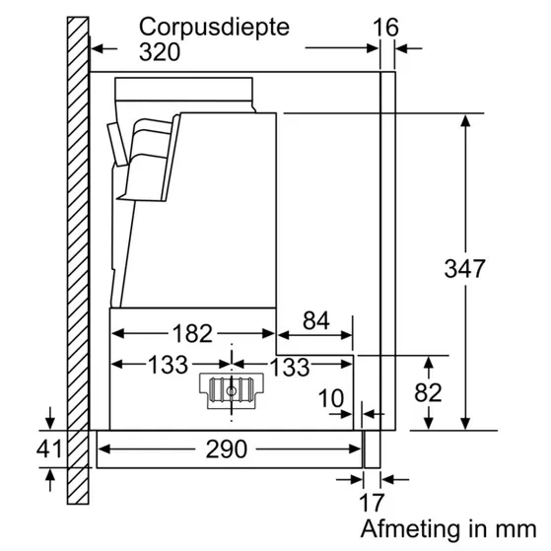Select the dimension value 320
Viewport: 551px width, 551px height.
click(160, 51)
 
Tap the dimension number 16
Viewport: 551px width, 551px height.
click(387, 27)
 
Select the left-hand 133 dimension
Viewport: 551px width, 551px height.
click(168, 365)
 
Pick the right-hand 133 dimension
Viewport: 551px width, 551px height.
click(289, 366)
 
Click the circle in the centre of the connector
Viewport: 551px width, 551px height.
click(232, 390)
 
